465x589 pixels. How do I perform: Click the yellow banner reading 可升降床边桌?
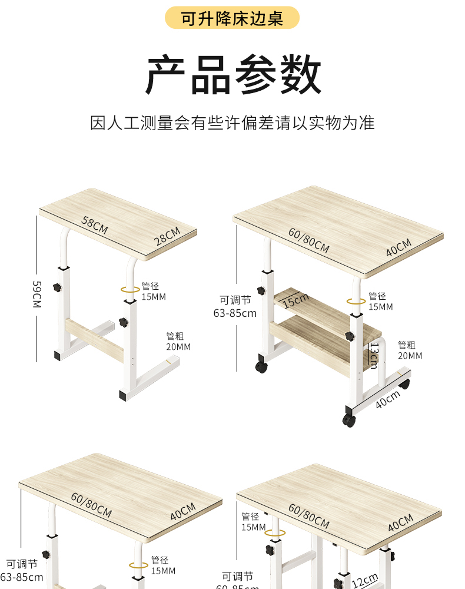pos(232,18)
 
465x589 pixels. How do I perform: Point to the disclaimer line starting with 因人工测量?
pos(232,123)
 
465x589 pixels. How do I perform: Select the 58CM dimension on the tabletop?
pos(95,226)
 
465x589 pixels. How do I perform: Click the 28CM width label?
pos(167,236)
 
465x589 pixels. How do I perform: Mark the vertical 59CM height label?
pos(36,294)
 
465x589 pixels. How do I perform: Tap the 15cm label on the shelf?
pos(295,301)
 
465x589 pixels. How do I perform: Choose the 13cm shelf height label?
pos(373,356)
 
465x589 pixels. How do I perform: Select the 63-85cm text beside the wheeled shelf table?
pos(235,313)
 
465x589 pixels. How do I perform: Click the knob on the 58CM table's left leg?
pos(57,287)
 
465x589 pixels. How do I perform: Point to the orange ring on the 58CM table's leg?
pos(130,289)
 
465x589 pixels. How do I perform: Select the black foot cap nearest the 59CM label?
pos(58,356)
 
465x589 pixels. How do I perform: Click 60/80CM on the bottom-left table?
pos(91,504)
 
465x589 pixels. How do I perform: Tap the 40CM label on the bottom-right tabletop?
pos(401,522)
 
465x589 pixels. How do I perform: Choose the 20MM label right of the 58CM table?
pos(178,347)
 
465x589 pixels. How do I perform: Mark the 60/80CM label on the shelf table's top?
pos(308,240)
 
